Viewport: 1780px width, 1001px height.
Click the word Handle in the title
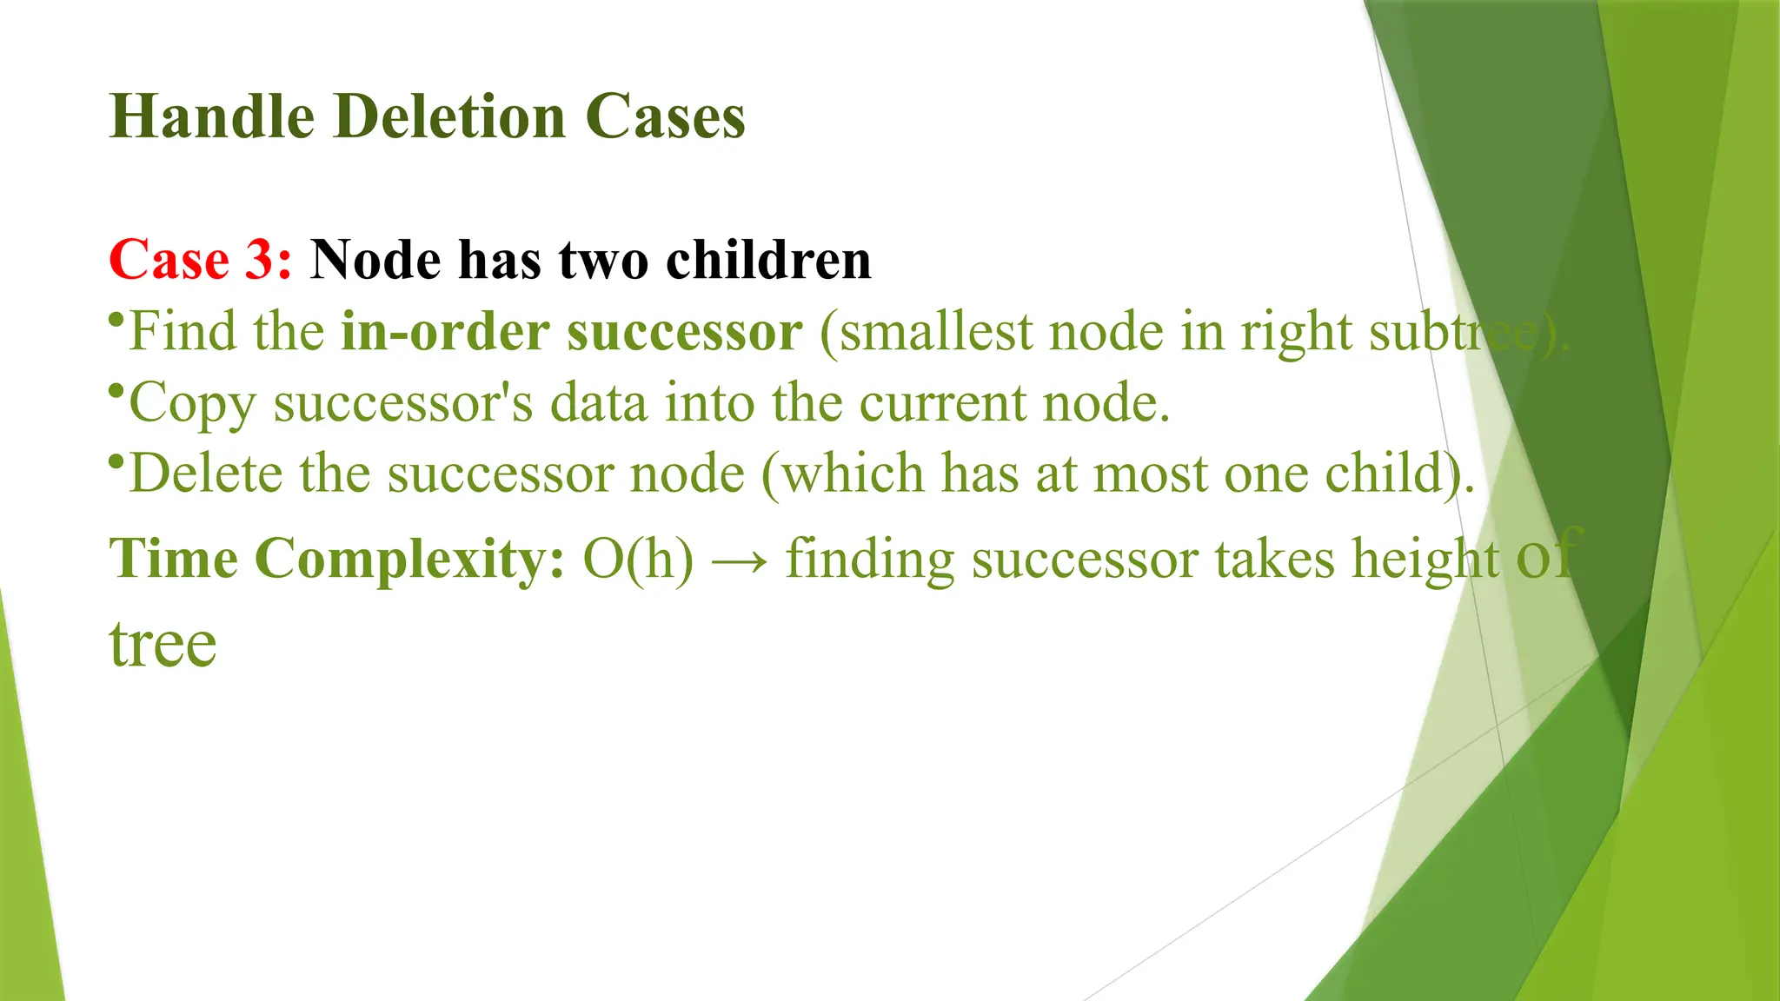click(x=212, y=116)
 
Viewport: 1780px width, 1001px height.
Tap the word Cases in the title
click(x=665, y=116)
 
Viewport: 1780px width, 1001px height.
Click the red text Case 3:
click(x=201, y=260)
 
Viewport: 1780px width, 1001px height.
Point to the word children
click(x=768, y=260)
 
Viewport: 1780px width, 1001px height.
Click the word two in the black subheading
click(x=603, y=260)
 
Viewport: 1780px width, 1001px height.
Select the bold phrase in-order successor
click(x=572, y=332)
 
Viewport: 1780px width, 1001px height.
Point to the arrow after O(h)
click(x=740, y=560)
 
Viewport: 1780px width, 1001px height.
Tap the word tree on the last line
click(x=163, y=645)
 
